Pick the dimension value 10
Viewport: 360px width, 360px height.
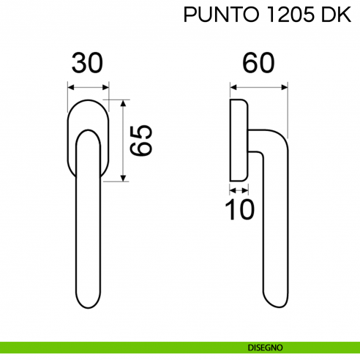click(239, 210)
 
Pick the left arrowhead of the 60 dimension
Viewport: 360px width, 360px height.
click(233, 86)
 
